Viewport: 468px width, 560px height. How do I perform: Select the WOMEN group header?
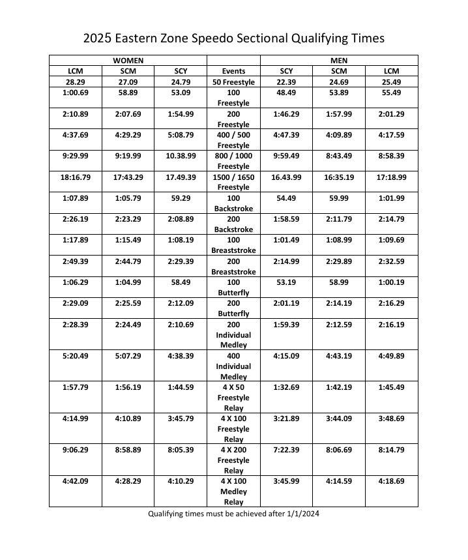128,60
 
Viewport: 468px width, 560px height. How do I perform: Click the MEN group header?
339,60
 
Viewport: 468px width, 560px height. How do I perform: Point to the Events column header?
233,71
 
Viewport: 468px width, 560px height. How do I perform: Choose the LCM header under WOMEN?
76,71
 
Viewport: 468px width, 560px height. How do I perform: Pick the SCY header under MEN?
287,71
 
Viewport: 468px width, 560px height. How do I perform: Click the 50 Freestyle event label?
233,82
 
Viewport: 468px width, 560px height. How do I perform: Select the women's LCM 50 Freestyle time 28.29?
76,82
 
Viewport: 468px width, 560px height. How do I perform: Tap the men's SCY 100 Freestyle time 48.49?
287,93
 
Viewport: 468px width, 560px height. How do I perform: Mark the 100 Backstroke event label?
233,203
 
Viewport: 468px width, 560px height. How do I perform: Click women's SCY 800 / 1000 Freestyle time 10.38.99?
181,156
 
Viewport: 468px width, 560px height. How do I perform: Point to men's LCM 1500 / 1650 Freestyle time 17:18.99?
391,177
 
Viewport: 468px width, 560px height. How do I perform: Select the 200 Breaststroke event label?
233,266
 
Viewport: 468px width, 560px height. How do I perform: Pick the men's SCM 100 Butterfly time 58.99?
339,282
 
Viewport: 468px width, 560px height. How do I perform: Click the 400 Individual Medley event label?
233,366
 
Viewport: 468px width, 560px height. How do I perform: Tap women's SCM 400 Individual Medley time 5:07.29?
128,356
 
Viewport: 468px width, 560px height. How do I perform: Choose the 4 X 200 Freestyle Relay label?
233,460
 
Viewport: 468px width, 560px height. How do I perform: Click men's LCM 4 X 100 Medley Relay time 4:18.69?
391,481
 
